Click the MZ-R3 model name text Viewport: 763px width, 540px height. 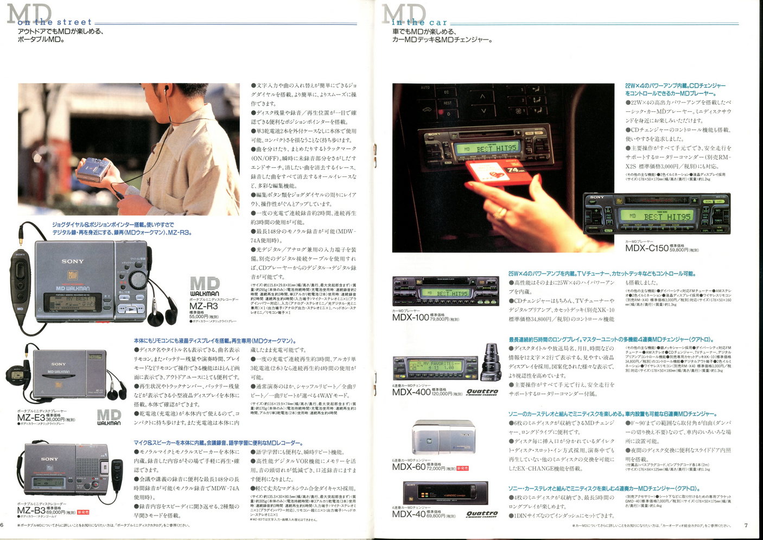click(204, 306)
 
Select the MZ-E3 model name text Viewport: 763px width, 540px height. click(31, 418)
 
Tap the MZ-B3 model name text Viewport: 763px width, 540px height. click(31, 511)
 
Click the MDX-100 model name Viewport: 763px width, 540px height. click(410, 317)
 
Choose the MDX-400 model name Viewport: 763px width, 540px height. click(411, 392)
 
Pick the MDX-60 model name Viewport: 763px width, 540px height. click(409, 467)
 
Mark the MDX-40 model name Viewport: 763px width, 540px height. click(409, 514)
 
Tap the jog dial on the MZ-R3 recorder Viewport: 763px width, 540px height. click(138, 279)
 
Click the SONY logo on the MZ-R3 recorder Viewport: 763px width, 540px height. click(72, 261)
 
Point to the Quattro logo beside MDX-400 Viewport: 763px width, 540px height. click(482, 392)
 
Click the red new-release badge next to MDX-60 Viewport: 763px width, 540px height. click(462, 468)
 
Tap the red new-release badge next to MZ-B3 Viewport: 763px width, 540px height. click(82, 512)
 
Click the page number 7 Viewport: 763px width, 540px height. click(746, 525)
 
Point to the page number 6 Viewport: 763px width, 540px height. click(2, 525)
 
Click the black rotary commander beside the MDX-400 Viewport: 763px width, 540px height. click(491, 363)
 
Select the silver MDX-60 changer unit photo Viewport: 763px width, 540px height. click(443, 437)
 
